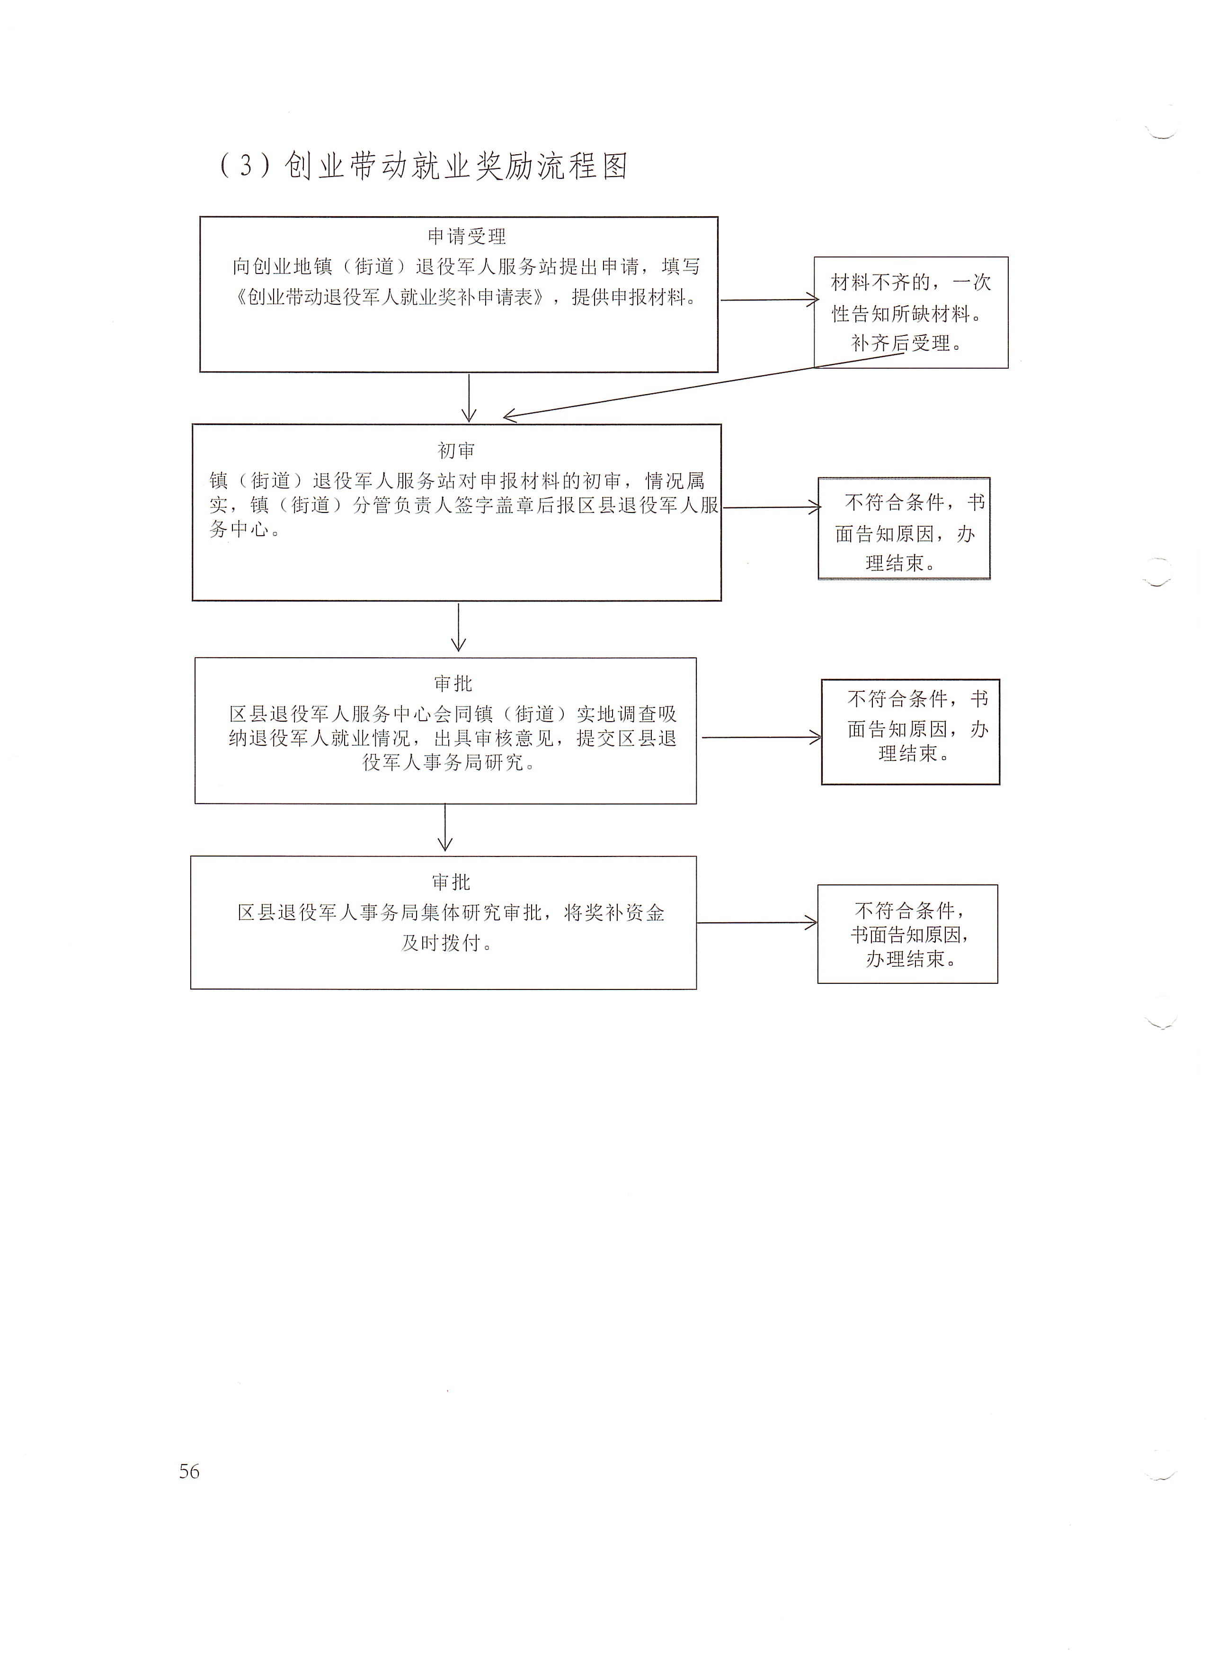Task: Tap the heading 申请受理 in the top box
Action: (x=466, y=237)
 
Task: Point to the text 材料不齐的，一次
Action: (x=911, y=283)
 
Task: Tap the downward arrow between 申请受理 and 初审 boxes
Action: (x=469, y=398)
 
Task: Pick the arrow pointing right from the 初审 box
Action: (x=772, y=507)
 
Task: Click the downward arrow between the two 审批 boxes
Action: (x=445, y=827)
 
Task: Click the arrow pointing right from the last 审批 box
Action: (x=757, y=923)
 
